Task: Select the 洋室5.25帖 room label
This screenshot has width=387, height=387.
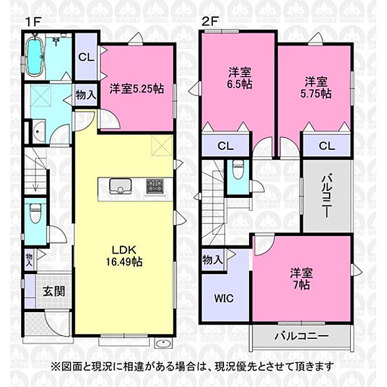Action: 137,89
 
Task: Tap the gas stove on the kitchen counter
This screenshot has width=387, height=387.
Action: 154,185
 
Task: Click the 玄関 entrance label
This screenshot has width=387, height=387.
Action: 52,291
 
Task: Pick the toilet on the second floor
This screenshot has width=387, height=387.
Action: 238,170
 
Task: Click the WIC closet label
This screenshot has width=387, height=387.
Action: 225,298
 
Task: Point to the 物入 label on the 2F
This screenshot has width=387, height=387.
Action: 213,260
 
